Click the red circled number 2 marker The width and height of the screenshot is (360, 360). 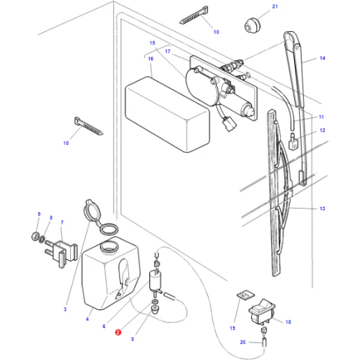118,332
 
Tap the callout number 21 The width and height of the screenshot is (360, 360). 275,6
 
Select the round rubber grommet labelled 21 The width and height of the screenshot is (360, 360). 252,25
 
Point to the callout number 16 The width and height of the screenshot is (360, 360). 151,59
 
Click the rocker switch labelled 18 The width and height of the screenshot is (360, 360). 262,311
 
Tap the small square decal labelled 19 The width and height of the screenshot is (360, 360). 246,295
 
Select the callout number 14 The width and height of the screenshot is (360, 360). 323,58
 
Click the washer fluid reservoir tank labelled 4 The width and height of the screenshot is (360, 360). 111,273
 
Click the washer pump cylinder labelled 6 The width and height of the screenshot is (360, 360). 155,281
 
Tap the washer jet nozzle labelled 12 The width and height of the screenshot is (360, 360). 293,142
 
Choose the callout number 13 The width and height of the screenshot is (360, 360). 322,209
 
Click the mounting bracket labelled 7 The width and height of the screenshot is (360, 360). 62,254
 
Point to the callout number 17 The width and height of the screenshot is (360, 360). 168,51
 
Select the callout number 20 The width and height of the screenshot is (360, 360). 243,342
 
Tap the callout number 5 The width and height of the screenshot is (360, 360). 132,339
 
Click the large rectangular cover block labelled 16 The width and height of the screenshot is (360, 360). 167,114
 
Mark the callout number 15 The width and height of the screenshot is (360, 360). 152,43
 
